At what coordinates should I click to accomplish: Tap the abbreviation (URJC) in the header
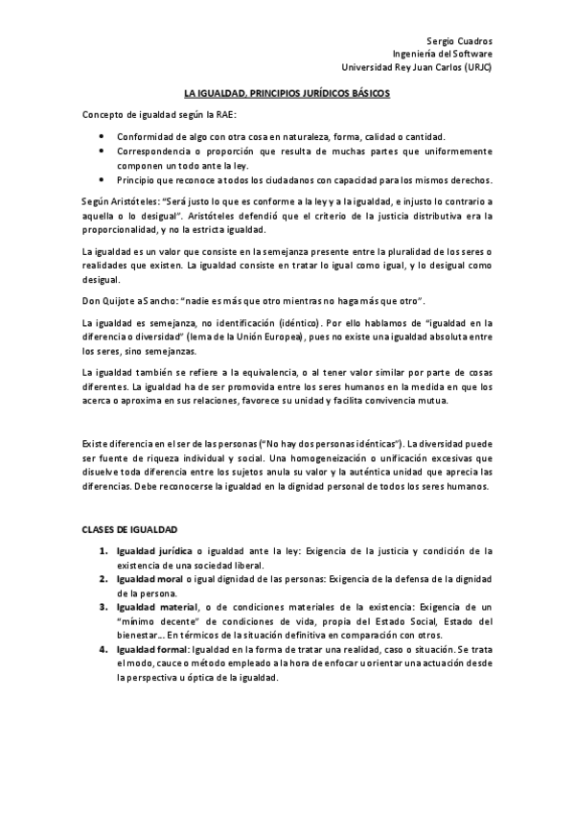(x=474, y=68)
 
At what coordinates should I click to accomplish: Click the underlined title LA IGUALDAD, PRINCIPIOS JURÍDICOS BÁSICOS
(x=287, y=94)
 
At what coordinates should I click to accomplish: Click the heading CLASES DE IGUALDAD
(x=129, y=530)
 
